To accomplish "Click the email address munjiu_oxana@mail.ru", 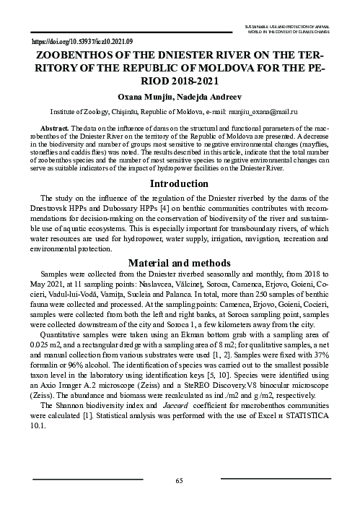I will point(271,113).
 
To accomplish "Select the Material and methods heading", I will point(179,263).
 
